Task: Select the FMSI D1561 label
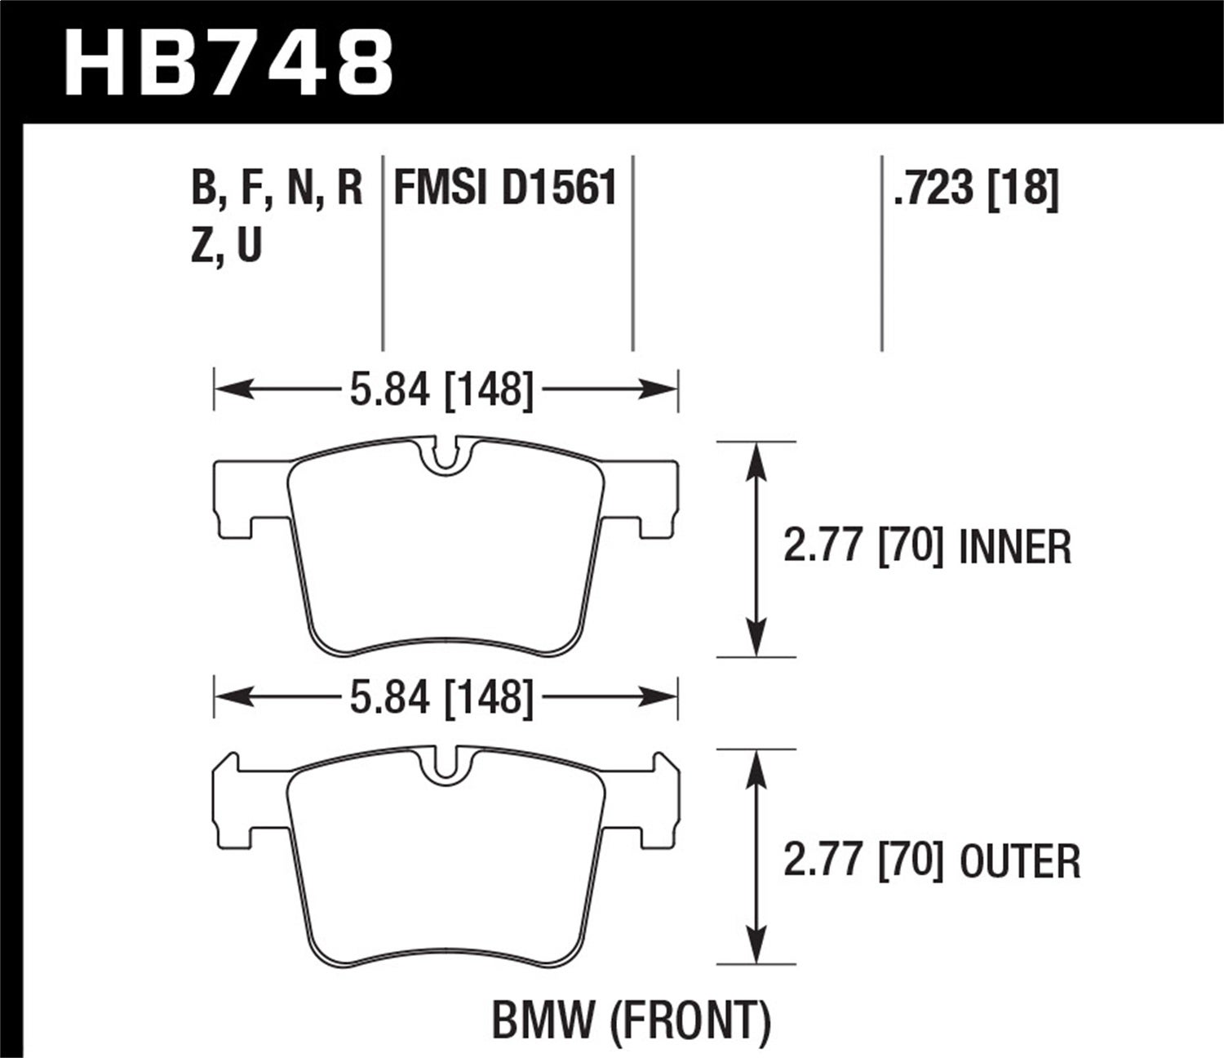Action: pos(504,189)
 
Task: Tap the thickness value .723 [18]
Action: pos(976,189)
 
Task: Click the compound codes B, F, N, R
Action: pos(277,189)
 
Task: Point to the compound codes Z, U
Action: pos(226,244)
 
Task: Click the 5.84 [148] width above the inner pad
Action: pos(441,390)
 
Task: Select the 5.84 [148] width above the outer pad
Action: pos(441,699)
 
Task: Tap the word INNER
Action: pos(1015,547)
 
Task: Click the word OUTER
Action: pos(1020,861)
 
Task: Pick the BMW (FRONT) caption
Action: pos(631,1020)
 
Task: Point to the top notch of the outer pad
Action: pos(445,764)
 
